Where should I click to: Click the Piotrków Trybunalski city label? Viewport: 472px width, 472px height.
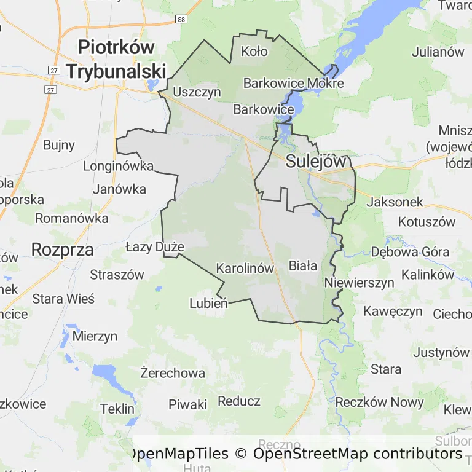(116, 59)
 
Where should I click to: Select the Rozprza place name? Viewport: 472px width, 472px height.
(62, 250)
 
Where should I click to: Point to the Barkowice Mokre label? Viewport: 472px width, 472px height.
(293, 83)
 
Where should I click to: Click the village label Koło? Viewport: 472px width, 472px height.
(254, 52)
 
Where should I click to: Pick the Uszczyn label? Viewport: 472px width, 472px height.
(197, 92)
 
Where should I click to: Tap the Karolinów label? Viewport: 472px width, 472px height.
(245, 269)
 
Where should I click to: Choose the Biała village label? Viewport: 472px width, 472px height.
(303, 266)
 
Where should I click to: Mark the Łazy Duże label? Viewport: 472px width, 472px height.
(155, 247)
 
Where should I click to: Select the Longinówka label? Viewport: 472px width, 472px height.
(118, 166)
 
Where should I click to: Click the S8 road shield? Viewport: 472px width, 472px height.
(180, 20)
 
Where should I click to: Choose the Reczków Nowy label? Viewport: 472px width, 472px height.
(379, 403)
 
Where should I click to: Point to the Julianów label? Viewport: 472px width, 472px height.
(438, 52)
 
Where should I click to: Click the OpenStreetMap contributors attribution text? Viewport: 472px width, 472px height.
(357, 454)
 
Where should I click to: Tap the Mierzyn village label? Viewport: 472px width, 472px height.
(95, 336)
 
